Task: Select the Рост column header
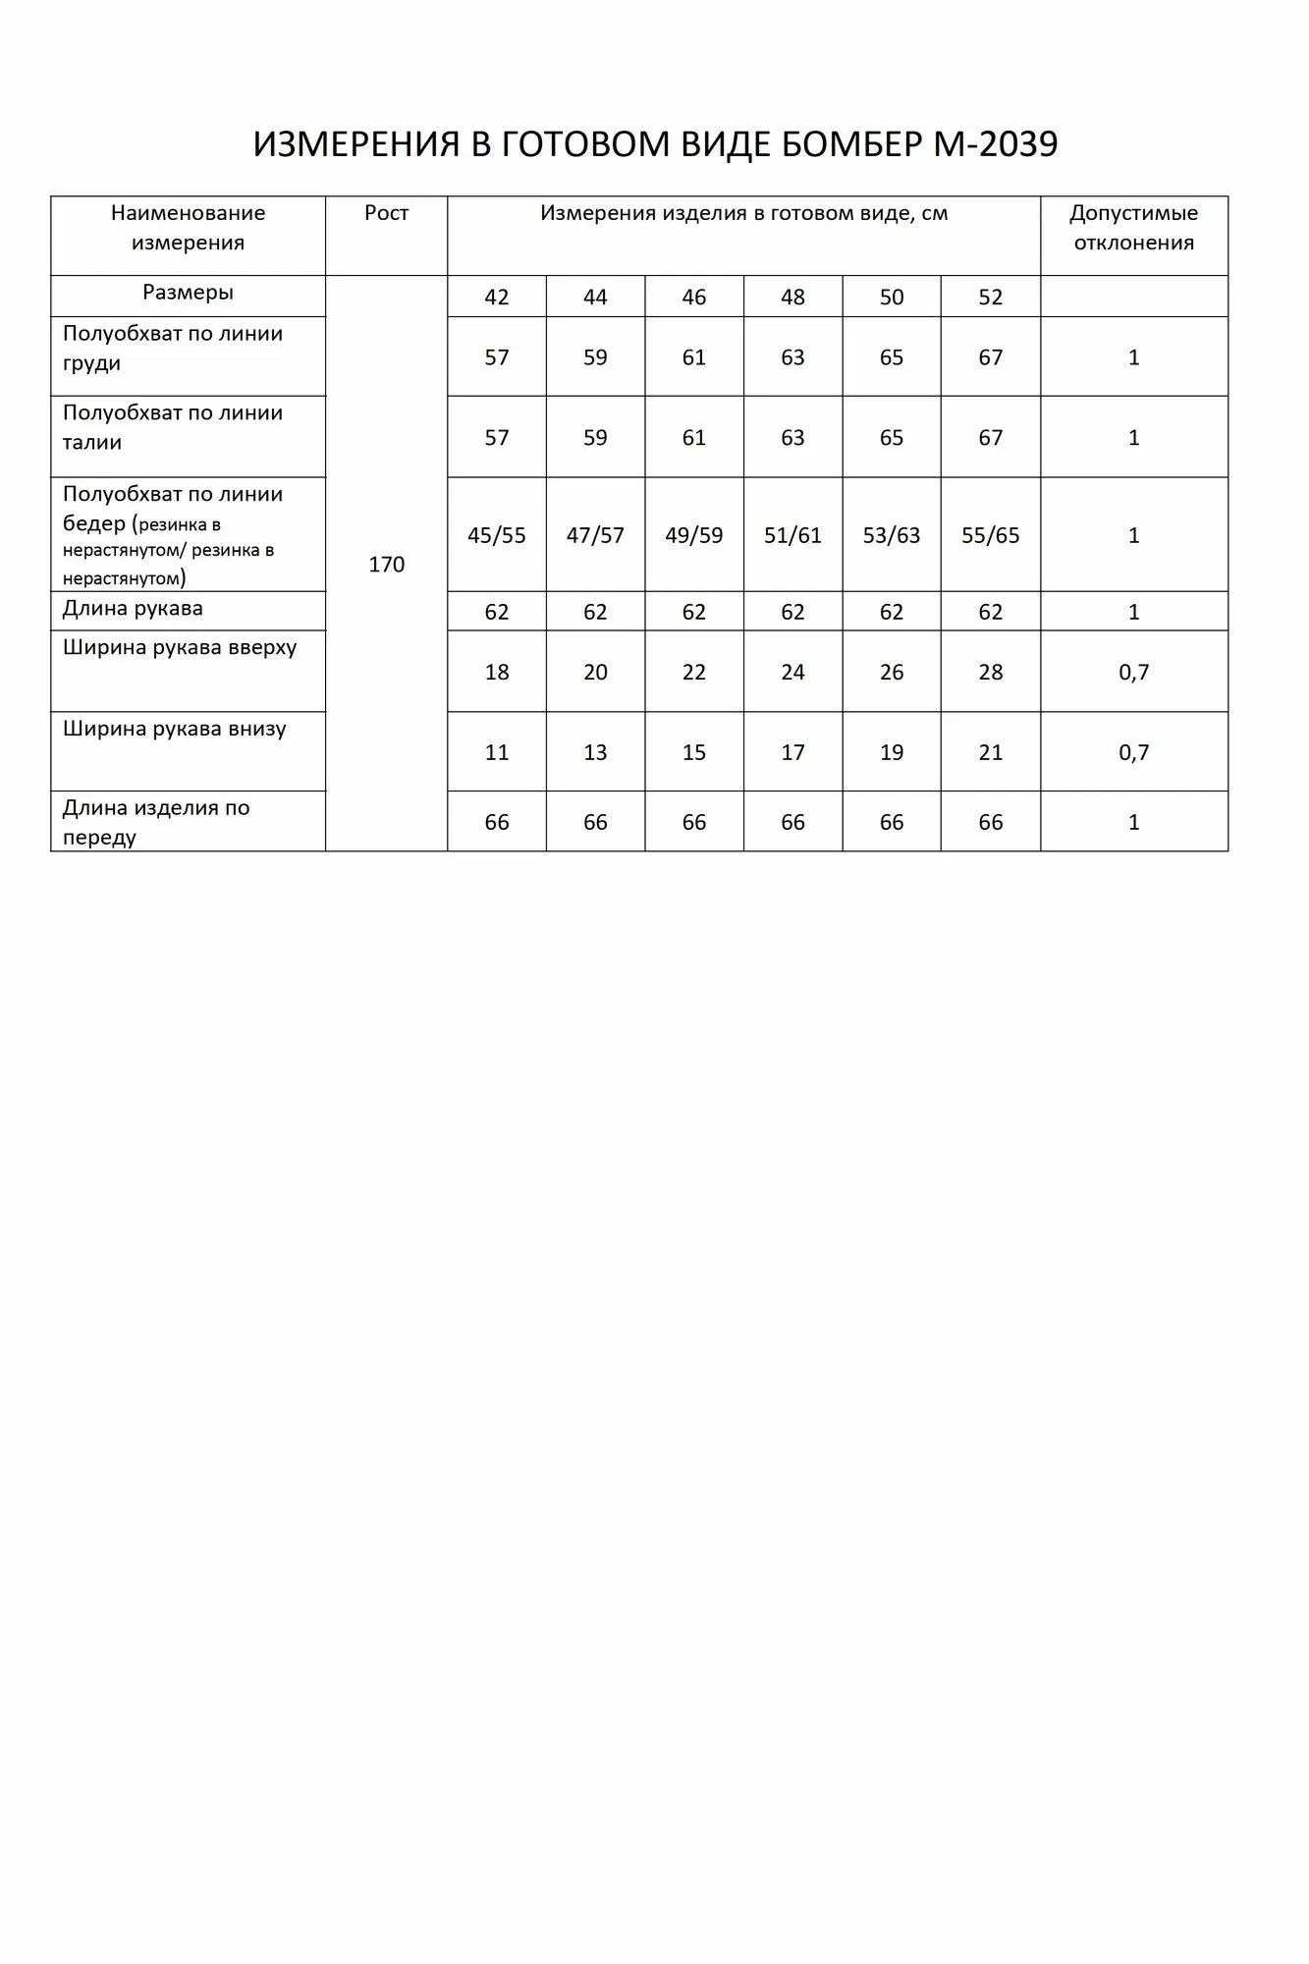point(386,213)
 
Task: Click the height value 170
point(386,565)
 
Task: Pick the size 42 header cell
point(497,298)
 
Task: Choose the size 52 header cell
point(990,298)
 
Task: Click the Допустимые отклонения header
point(1133,228)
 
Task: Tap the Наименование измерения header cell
point(188,228)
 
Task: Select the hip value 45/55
point(497,535)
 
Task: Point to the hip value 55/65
point(990,535)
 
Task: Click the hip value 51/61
point(792,535)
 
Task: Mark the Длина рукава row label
point(133,609)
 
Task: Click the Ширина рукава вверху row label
point(180,648)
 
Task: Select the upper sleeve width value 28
point(990,673)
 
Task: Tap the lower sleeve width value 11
point(497,753)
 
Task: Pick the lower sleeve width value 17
point(792,753)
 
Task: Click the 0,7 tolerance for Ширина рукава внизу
point(1133,753)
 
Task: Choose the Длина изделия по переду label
point(156,822)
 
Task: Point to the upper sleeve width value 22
point(694,673)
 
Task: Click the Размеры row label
point(188,293)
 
